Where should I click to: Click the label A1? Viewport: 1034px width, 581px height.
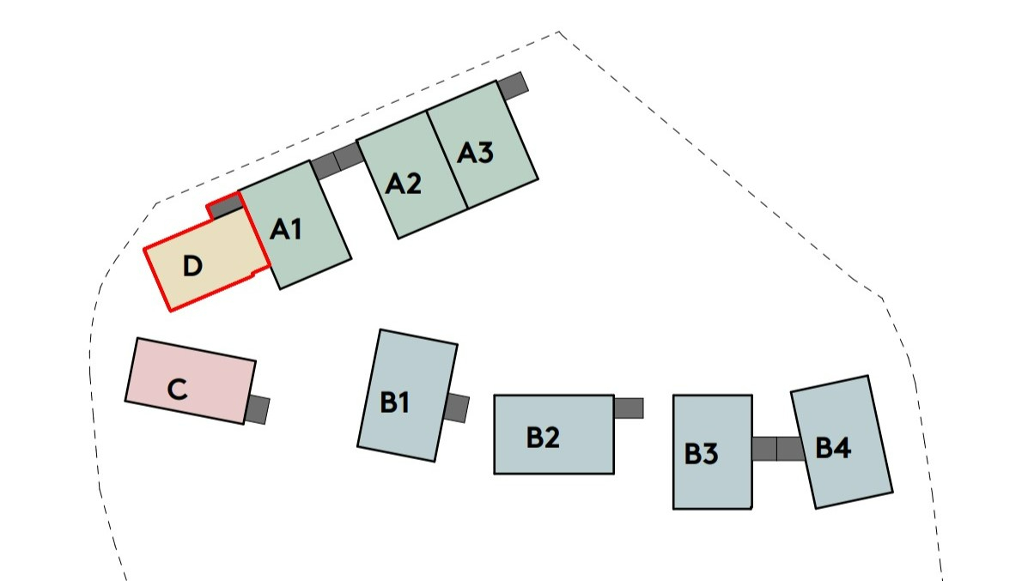[286, 229]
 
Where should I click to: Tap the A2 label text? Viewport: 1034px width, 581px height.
[403, 184]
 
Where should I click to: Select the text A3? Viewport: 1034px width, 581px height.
[475, 154]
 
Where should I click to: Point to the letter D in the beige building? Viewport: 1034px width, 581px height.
[192, 267]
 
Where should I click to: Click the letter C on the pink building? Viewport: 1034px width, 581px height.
[177, 390]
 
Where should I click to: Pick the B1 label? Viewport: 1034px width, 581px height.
[393, 402]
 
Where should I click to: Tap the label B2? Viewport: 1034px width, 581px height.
[543, 438]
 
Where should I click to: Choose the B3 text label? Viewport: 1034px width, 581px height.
[701, 454]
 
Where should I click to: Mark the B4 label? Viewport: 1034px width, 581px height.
[833, 448]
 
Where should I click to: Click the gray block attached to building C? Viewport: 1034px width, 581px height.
[258, 409]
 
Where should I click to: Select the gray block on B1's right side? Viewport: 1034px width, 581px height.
[458, 408]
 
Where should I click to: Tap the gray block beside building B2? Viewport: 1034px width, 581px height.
[629, 408]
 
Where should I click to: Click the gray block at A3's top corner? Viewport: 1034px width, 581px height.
[512, 84]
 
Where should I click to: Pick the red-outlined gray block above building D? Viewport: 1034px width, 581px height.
[225, 206]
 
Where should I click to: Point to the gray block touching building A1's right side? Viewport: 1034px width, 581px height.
[325, 165]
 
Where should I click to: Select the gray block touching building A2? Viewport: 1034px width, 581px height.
[348, 156]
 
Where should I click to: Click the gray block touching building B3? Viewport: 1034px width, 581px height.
[764, 449]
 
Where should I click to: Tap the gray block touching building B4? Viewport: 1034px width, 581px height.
[790, 449]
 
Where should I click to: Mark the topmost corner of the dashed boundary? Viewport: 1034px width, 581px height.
[558, 32]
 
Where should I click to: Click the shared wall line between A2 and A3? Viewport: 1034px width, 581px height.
[447, 160]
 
